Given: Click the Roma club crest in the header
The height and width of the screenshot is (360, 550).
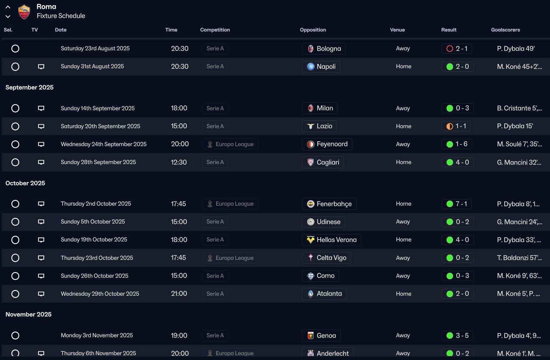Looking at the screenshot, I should click(x=24, y=11).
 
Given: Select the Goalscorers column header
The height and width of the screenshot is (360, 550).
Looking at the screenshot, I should click(x=505, y=30).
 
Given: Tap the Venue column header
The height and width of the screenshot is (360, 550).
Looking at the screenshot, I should click(x=397, y=30).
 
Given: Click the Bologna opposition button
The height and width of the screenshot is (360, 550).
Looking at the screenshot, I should click(x=324, y=49).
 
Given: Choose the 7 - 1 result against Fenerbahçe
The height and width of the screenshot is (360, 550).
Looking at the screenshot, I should click(x=457, y=204).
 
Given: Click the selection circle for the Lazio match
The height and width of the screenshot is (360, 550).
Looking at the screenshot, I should click(x=15, y=126).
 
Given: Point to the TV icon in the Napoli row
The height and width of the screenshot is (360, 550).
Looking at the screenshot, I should click(x=41, y=66).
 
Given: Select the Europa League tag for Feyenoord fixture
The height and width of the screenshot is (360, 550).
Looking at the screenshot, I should click(x=230, y=144).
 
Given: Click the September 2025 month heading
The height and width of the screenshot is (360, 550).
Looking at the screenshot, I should click(x=29, y=87).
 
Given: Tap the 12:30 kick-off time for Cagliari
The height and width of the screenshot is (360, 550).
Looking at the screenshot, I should click(x=179, y=162).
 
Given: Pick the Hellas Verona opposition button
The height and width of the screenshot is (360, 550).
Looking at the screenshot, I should click(x=332, y=240).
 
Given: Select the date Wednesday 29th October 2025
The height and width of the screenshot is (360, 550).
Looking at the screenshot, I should click(x=100, y=294).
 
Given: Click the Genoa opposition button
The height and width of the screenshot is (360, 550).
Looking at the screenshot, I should click(x=321, y=336).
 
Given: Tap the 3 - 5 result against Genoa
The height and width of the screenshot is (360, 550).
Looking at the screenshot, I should click(x=457, y=336).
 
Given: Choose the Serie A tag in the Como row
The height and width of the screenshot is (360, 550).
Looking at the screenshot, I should click(x=215, y=276).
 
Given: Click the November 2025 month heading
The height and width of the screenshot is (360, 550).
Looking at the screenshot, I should click(x=28, y=315).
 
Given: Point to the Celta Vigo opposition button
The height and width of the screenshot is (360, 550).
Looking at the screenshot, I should click(x=326, y=258).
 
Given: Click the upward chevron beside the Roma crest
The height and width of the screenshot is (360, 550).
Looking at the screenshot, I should click(x=8, y=7).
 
